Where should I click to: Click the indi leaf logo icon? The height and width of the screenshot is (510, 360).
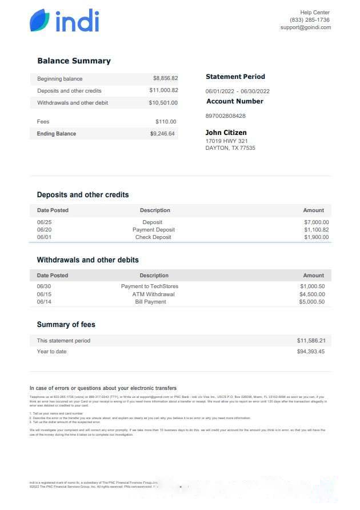pos(40,21)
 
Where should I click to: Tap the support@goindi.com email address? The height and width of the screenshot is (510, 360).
pos(305,27)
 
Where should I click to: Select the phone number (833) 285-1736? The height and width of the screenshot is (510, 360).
pos(310,20)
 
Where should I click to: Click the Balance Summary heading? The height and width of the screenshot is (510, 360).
pos(74,61)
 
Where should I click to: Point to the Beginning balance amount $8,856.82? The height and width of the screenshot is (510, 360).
pos(165,78)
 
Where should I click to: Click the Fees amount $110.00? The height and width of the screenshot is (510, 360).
pos(166,121)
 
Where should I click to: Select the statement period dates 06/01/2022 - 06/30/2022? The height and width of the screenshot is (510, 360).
pos(237,91)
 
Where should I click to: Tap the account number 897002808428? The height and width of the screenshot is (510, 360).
pos(225,115)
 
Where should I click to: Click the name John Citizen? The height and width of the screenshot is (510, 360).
pos(226,133)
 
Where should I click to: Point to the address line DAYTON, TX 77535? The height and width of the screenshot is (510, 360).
pos(230,148)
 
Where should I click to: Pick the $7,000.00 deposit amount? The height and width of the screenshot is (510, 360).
pos(316,222)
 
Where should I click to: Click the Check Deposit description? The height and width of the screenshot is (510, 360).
pos(153,237)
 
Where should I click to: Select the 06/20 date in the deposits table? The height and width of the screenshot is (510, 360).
pos(44,230)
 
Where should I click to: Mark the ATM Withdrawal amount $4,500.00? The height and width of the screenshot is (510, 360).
pos(312,294)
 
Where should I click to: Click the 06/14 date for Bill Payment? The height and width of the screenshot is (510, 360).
pos(44,302)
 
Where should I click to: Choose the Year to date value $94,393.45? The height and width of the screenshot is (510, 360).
pos(310,352)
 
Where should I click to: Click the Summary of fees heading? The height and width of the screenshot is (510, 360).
pos(66,324)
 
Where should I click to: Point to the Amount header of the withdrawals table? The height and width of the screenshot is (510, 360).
pos(313,275)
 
